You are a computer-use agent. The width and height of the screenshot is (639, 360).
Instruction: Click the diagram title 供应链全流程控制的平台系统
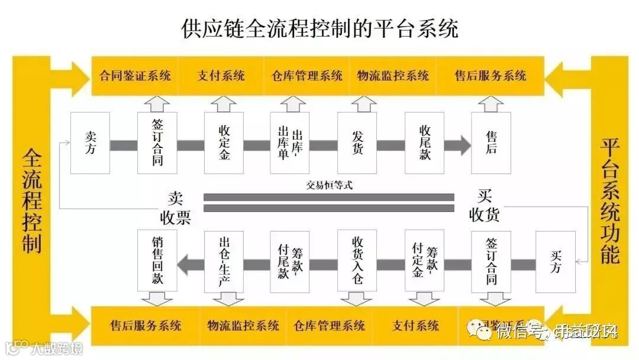click(x=319, y=28)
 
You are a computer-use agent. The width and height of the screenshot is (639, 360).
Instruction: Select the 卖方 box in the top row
click(x=90, y=143)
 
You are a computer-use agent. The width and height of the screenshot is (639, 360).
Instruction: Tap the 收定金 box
click(x=224, y=143)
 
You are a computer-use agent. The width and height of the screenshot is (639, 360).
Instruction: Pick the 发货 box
click(x=357, y=143)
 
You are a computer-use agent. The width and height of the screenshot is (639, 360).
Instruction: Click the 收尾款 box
click(x=424, y=143)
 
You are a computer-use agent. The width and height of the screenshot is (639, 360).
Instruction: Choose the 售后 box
click(x=491, y=143)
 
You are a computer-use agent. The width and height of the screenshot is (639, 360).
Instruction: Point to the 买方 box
click(x=556, y=262)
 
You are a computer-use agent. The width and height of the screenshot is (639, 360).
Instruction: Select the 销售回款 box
click(x=157, y=262)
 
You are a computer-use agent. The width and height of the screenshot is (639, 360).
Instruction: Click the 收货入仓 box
click(x=357, y=262)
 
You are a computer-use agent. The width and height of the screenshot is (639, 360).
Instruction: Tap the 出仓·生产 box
click(x=224, y=262)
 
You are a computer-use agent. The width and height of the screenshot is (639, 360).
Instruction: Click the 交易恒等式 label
click(x=329, y=185)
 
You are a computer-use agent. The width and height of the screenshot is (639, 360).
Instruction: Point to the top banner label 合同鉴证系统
click(x=135, y=76)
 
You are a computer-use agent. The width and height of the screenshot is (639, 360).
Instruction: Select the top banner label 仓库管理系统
click(x=307, y=76)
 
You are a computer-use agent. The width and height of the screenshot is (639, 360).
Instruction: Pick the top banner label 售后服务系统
click(x=490, y=76)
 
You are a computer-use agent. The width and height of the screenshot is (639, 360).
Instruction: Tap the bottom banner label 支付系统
click(x=416, y=326)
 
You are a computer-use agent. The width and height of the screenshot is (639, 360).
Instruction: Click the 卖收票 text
click(x=175, y=208)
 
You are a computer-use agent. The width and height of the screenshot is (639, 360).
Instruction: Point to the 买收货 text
click(x=484, y=205)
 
